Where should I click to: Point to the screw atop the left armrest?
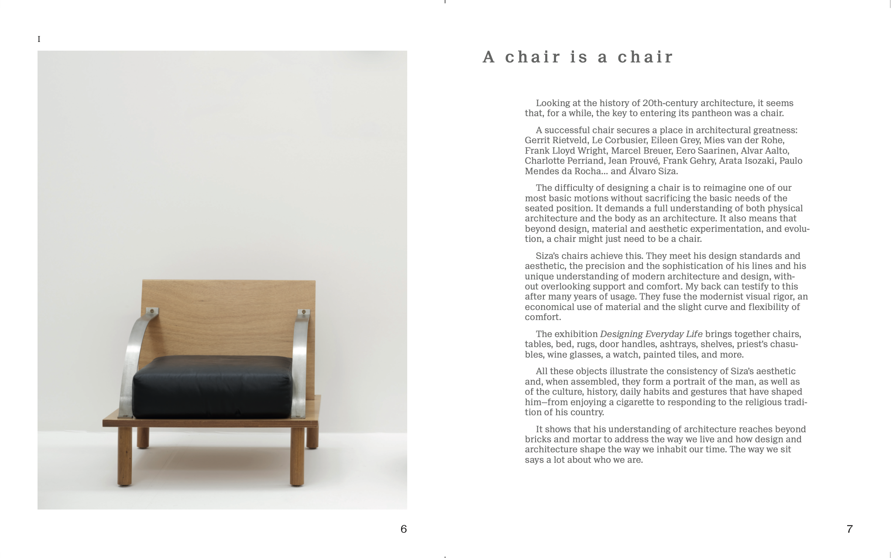click(x=152, y=311)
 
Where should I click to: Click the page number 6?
click(x=403, y=529)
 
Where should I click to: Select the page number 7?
click(x=849, y=529)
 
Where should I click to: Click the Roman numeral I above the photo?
click(x=39, y=39)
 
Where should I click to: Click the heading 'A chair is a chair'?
click(x=578, y=57)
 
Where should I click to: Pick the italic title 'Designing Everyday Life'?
click(x=651, y=334)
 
